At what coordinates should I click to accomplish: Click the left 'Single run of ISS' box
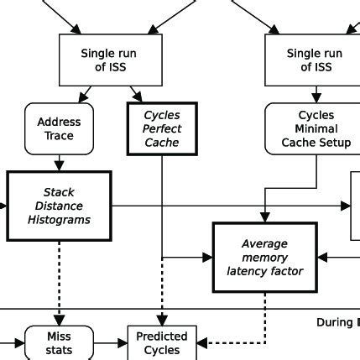(x=108, y=60)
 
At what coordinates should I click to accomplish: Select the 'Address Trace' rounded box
(x=60, y=128)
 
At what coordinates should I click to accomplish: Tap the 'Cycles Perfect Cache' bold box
(x=161, y=128)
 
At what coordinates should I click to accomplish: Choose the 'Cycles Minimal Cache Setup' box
(x=316, y=128)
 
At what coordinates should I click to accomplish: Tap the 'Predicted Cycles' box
(x=162, y=342)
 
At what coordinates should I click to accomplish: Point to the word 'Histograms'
(x=59, y=220)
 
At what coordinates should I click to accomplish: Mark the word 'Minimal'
(x=316, y=128)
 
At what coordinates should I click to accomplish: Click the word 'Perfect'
(x=161, y=128)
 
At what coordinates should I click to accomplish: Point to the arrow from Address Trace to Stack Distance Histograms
(x=59, y=164)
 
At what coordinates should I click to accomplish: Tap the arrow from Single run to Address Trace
(x=85, y=93)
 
